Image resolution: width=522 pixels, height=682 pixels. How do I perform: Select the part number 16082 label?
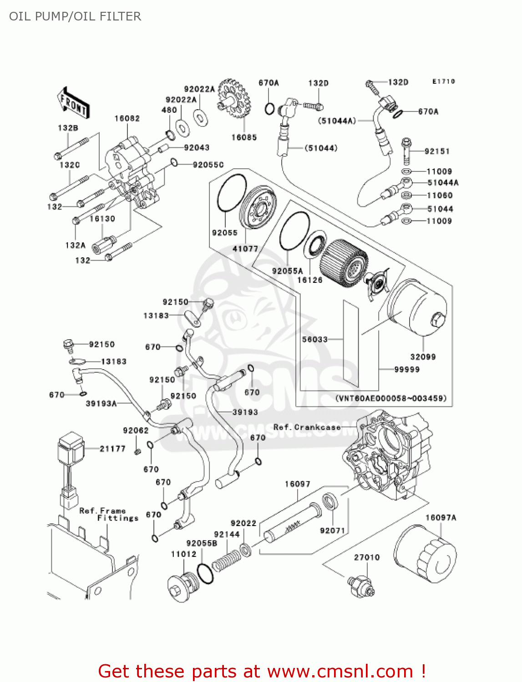coord(127,119)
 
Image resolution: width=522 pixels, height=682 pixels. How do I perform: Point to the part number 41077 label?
coord(245,249)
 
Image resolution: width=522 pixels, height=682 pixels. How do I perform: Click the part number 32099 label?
coord(423,357)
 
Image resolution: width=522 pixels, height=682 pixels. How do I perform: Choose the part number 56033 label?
coord(315,339)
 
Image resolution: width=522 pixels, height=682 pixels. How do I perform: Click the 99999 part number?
coord(406,370)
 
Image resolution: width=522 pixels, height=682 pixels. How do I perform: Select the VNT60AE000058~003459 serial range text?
coord(391,398)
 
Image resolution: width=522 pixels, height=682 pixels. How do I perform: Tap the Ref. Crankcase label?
coord(307,427)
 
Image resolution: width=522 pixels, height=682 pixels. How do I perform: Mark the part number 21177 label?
coord(112,449)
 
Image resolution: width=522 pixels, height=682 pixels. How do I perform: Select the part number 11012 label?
coord(183,554)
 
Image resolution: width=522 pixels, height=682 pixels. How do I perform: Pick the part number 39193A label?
coord(101,403)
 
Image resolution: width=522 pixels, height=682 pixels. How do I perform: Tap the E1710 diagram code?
coord(443,81)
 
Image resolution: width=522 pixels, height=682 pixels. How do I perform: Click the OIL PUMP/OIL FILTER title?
coord(75,16)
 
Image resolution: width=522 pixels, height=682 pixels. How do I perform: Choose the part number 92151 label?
coord(437,151)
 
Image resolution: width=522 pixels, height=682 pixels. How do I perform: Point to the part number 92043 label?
coord(197,148)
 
